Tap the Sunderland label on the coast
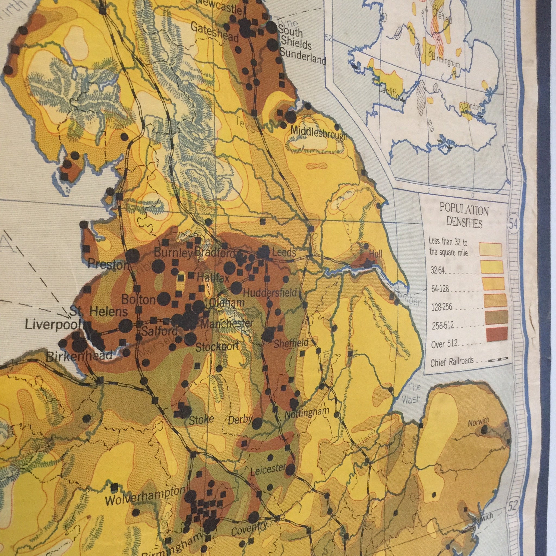coord(302,57)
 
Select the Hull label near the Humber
coord(376,254)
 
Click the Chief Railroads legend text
coord(452,361)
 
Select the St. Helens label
coord(98,312)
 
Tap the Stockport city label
coord(217,346)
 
